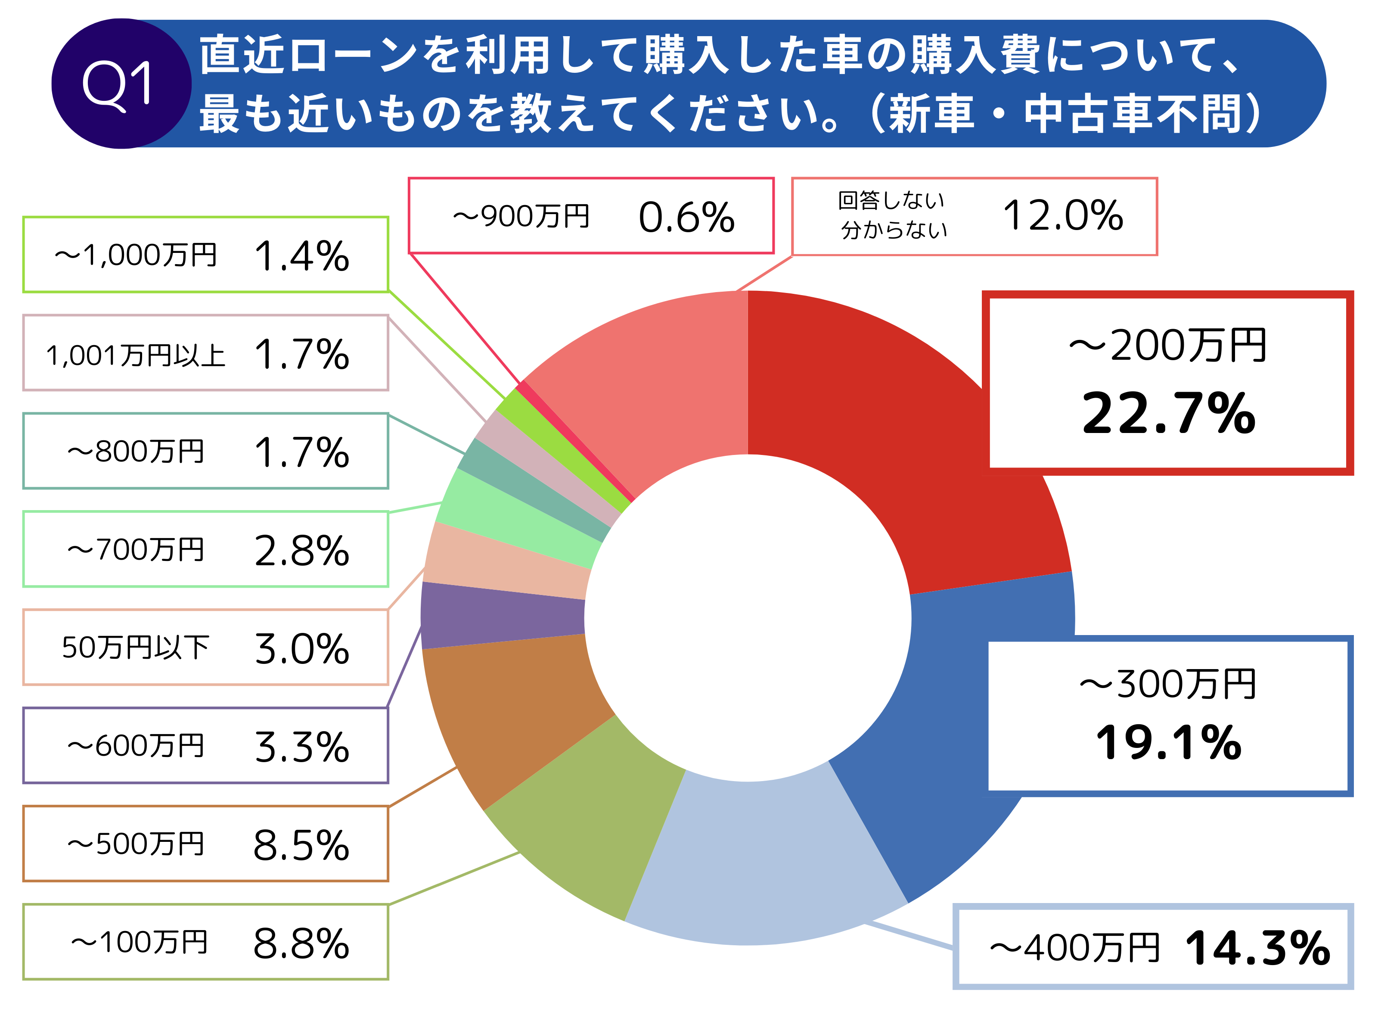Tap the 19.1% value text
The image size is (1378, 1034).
(1168, 743)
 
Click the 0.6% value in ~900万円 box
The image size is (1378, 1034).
(686, 218)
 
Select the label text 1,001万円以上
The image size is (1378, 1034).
(135, 355)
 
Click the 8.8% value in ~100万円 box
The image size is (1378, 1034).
(301, 944)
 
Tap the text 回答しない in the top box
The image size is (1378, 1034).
(891, 201)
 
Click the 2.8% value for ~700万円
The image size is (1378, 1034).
(301, 551)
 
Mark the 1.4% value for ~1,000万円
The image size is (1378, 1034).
(301, 256)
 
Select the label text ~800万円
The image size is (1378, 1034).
(135, 452)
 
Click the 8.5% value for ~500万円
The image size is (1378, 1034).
(301, 845)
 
